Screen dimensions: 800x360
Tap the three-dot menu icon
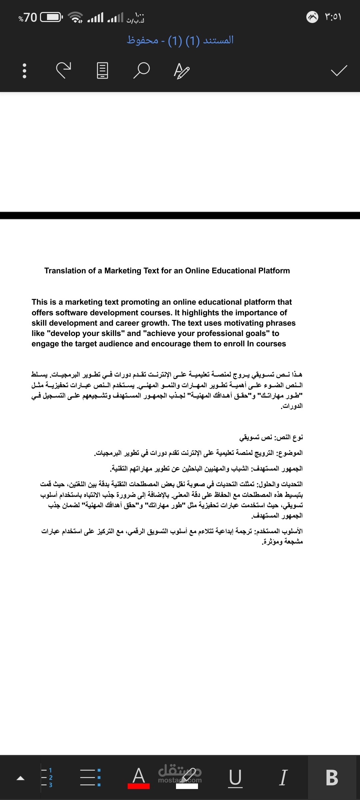click(24, 71)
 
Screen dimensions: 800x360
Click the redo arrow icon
click(63, 70)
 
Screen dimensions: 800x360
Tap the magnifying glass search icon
click(141, 70)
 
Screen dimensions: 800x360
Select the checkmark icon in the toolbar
click(339, 70)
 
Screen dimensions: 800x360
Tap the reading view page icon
click(102, 70)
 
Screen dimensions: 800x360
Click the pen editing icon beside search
click(182, 71)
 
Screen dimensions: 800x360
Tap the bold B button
click(332, 777)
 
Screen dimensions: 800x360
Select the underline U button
click(235, 778)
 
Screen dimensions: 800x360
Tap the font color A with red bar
click(139, 778)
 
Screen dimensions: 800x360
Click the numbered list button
click(47, 777)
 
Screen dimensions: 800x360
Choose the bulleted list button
click(90, 777)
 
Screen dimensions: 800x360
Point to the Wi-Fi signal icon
click(76, 17)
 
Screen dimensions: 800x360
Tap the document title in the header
click(180, 40)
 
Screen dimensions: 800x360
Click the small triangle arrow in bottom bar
click(21, 778)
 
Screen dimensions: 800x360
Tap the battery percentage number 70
click(30, 17)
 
